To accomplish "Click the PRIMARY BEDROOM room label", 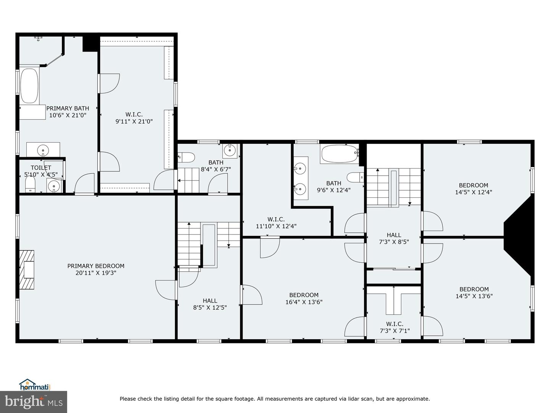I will coord(96,266).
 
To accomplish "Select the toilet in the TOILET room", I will coord(30,185).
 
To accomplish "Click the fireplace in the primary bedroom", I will coord(27,269).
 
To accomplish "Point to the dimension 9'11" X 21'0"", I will coord(134,122).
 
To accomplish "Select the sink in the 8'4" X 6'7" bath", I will coord(230,150).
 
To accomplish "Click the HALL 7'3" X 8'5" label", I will coord(394,238).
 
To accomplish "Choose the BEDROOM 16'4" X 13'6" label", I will coord(304,298).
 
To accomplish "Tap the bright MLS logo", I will coord(34,402).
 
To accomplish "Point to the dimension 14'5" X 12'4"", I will coord(474,192).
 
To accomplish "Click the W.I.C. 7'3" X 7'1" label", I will coord(395,327).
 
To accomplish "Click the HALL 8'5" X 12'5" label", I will coord(210,304).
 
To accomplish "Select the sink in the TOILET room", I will coord(54,187).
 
